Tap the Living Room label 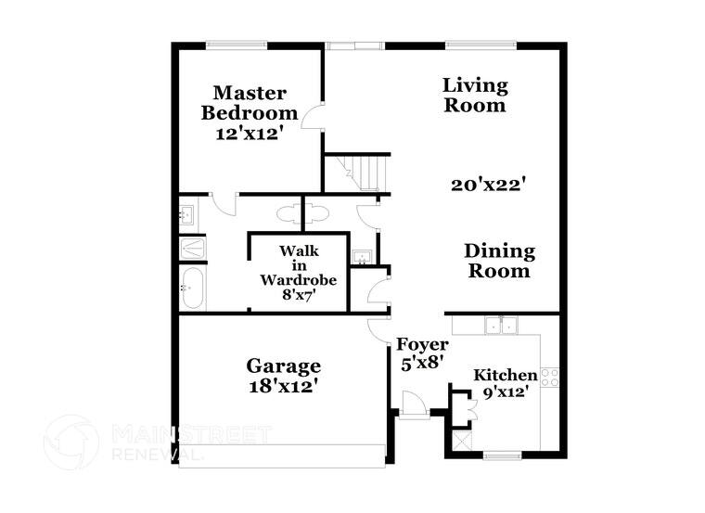coord(474,96)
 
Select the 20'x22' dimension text coord(489,185)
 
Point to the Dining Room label coord(499,261)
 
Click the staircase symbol coord(366,173)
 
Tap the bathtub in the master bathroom coord(193,288)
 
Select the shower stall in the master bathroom coord(192,249)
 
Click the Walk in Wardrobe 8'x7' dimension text coord(298,295)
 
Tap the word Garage coord(283,366)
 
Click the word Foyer coord(422,344)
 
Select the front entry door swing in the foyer coord(413,404)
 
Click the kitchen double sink coord(503,326)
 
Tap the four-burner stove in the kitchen coord(549,378)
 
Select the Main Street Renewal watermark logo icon coord(71,442)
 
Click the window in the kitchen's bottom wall coord(504,455)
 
